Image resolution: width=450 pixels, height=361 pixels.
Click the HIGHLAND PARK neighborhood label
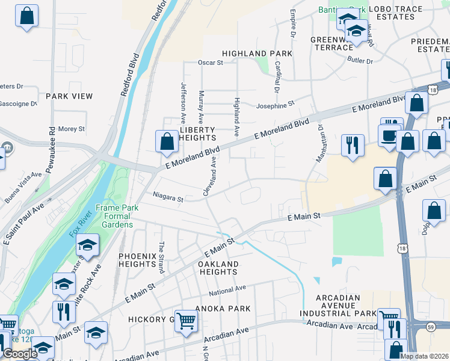point(257,54)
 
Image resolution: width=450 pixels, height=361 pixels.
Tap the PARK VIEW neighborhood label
point(69,96)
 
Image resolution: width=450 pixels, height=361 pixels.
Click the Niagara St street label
point(168,197)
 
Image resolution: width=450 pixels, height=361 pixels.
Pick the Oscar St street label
point(211,62)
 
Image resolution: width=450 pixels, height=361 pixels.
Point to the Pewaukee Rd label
point(52,139)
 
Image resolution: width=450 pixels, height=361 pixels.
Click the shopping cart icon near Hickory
point(186,320)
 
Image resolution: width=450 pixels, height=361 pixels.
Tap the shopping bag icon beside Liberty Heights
point(167,141)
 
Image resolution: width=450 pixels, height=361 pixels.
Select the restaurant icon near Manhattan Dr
point(353,144)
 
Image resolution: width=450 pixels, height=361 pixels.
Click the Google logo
point(19,354)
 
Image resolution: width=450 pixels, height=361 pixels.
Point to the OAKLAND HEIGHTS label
point(218,268)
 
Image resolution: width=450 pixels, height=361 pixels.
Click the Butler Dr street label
point(360,61)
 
